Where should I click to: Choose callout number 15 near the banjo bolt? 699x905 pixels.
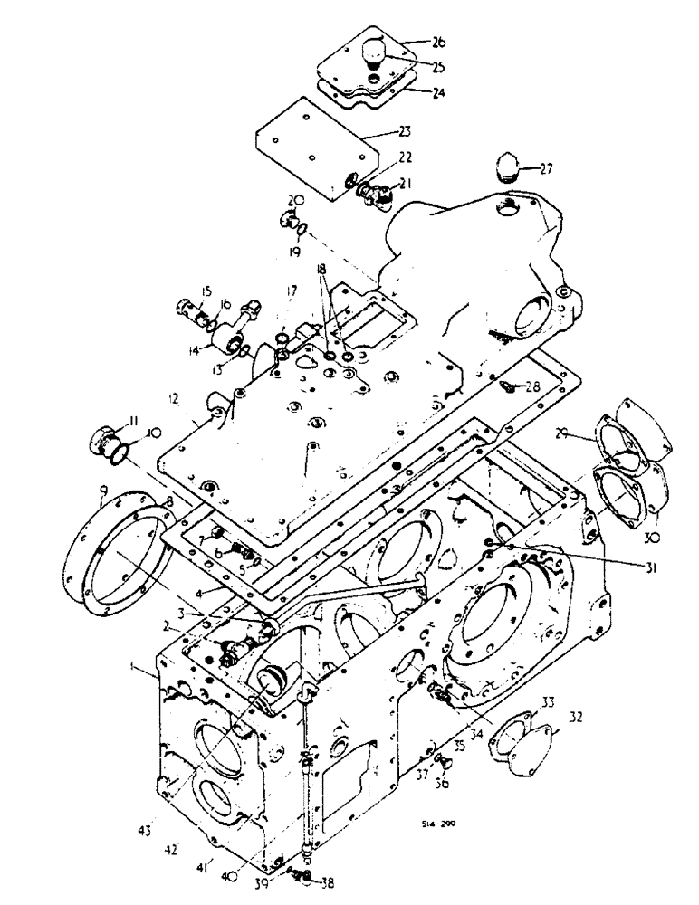point(205,291)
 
